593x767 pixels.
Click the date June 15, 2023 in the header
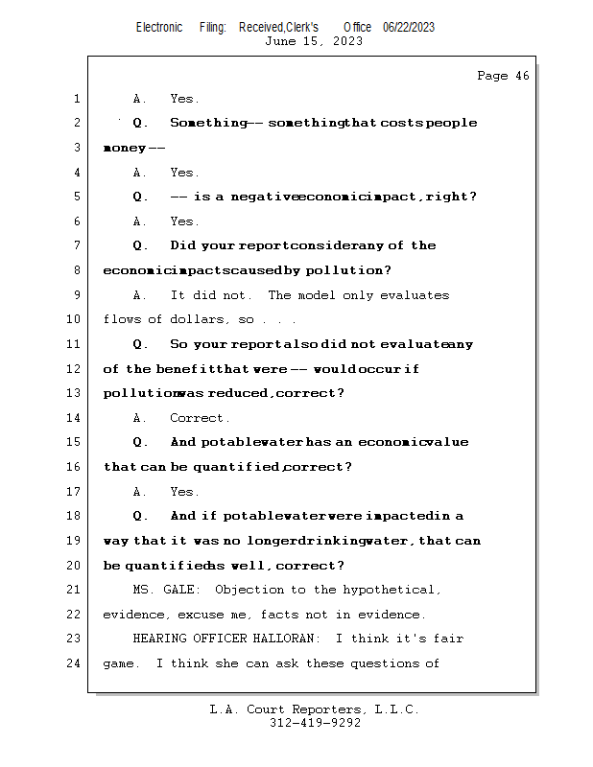(x=314, y=41)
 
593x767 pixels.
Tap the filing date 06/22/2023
(x=409, y=27)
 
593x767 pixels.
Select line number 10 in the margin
(x=77, y=319)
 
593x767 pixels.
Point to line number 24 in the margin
(x=77, y=662)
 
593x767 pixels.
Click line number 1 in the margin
(x=77, y=99)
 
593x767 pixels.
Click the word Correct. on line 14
(x=200, y=418)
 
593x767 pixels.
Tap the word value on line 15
(x=448, y=442)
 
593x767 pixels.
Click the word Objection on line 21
(x=249, y=590)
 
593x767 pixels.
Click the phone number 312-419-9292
(x=315, y=723)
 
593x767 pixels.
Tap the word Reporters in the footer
(x=324, y=709)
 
